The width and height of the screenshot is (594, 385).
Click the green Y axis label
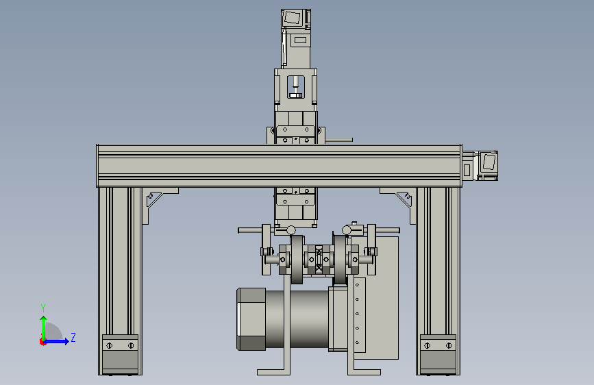click(43, 308)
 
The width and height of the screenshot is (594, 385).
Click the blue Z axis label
click(73, 337)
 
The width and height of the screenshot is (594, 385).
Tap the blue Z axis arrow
click(56, 341)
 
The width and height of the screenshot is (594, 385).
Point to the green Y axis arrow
click(44, 329)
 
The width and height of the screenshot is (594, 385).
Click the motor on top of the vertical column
click(296, 38)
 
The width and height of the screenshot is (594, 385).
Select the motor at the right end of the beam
click(480, 166)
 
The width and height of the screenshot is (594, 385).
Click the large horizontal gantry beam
click(280, 166)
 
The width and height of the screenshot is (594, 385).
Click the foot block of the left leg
click(120, 354)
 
